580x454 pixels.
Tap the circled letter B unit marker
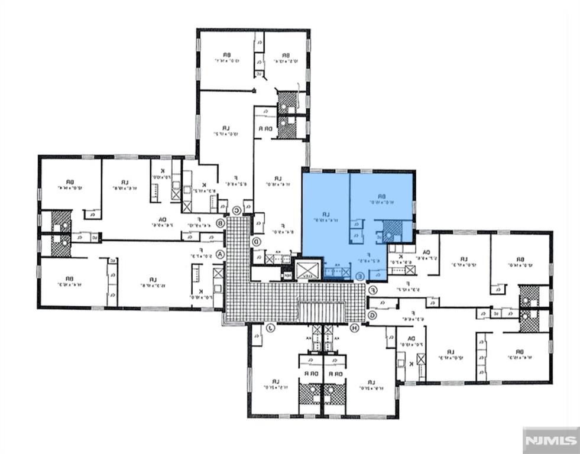(x=221, y=223)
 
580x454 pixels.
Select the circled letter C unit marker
(x=236, y=210)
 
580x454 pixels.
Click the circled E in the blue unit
(x=360, y=275)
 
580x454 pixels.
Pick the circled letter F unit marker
(x=373, y=290)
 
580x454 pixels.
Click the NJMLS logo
(x=551, y=440)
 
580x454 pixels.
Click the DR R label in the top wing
(x=260, y=128)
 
